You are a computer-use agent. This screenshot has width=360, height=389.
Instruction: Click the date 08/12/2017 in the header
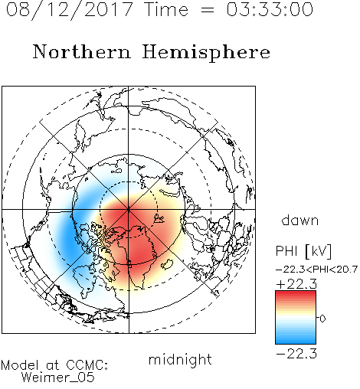click(x=69, y=9)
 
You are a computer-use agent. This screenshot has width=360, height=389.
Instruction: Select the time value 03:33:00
click(x=270, y=9)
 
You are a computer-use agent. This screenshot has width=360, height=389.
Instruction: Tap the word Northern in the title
click(x=82, y=52)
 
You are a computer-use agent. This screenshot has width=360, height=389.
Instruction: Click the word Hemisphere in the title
click(x=206, y=53)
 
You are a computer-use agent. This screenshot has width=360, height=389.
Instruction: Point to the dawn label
click(x=300, y=220)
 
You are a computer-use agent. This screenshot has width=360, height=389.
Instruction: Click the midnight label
click(x=180, y=359)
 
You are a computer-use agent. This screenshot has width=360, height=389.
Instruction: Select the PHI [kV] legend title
click(x=303, y=250)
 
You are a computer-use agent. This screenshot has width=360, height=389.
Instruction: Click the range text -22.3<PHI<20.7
click(x=316, y=270)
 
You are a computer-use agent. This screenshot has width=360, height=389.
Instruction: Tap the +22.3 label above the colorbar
click(x=296, y=284)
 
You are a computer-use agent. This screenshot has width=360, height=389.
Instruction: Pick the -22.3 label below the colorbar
click(x=296, y=354)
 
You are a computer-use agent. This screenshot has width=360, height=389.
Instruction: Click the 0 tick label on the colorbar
click(x=322, y=319)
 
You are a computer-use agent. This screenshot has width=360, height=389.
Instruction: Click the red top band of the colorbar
click(x=296, y=294)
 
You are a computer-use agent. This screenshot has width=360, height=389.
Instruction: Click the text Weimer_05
click(x=58, y=378)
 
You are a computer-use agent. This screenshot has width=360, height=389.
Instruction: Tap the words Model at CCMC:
click(x=54, y=365)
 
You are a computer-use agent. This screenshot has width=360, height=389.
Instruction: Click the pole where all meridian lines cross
click(x=129, y=210)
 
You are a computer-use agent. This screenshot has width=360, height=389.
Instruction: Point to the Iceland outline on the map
click(x=167, y=264)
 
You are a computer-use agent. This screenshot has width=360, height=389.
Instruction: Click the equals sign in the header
click(x=208, y=10)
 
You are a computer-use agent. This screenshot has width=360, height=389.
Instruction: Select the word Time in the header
click(x=166, y=9)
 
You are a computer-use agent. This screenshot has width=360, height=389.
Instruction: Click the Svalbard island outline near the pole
click(x=159, y=219)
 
